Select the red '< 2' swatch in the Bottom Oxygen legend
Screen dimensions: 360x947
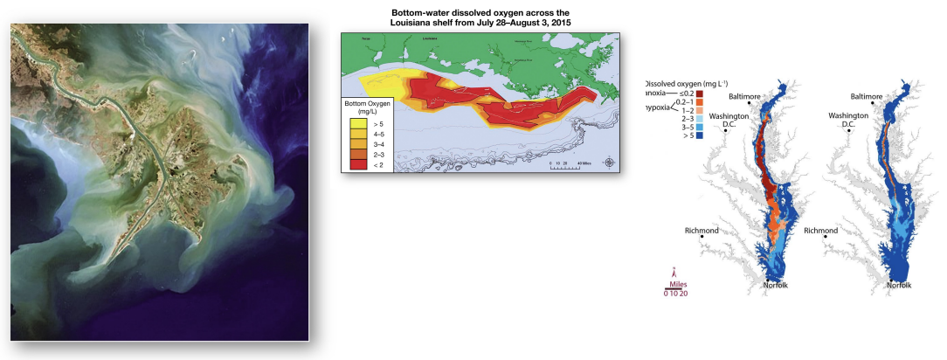[x=356, y=163]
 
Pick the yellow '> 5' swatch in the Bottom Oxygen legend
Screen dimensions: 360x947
[x=356, y=124]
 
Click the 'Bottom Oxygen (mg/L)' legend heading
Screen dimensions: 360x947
[x=367, y=108]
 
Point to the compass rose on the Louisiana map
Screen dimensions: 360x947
[x=609, y=162]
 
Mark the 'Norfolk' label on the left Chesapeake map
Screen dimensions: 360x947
[x=776, y=285]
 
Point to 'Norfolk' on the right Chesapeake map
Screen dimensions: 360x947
[x=899, y=285]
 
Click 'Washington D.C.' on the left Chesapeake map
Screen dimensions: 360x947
[x=727, y=120]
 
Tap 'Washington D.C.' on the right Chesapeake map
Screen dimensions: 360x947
[x=847, y=120]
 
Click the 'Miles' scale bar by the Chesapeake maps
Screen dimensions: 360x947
[x=672, y=287]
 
